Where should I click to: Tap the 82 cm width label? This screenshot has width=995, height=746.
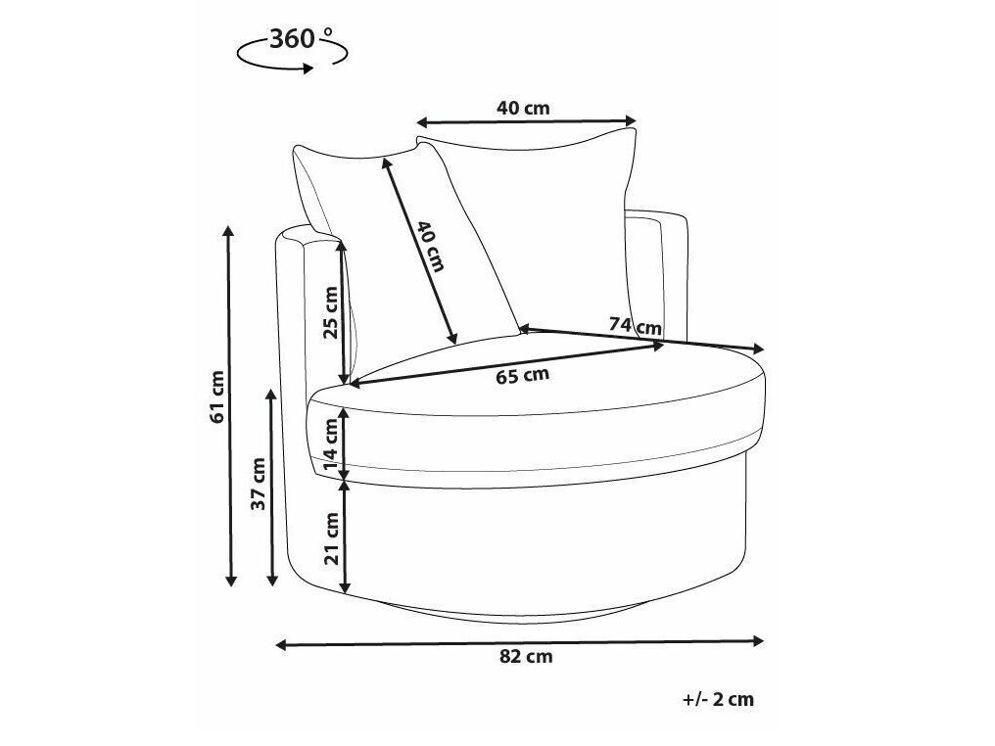point(526,657)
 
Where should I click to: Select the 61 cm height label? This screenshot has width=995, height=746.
point(217,396)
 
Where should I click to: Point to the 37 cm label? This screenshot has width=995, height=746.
point(259,484)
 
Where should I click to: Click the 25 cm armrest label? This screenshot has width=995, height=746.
point(331,312)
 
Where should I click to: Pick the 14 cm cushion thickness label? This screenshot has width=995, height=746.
point(331,444)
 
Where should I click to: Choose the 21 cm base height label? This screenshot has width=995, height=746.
point(331,538)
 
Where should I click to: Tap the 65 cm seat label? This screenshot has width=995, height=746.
point(522,376)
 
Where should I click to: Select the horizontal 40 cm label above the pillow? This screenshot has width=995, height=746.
point(523,109)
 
